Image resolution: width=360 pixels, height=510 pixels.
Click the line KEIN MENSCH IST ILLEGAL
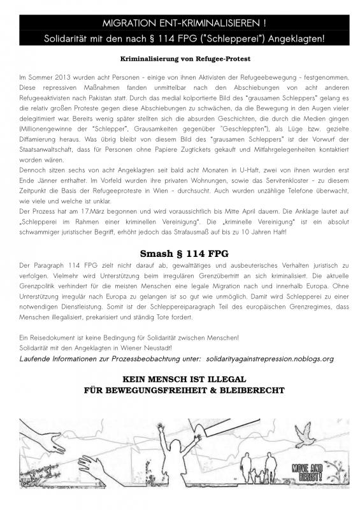[x=180, y=377]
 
